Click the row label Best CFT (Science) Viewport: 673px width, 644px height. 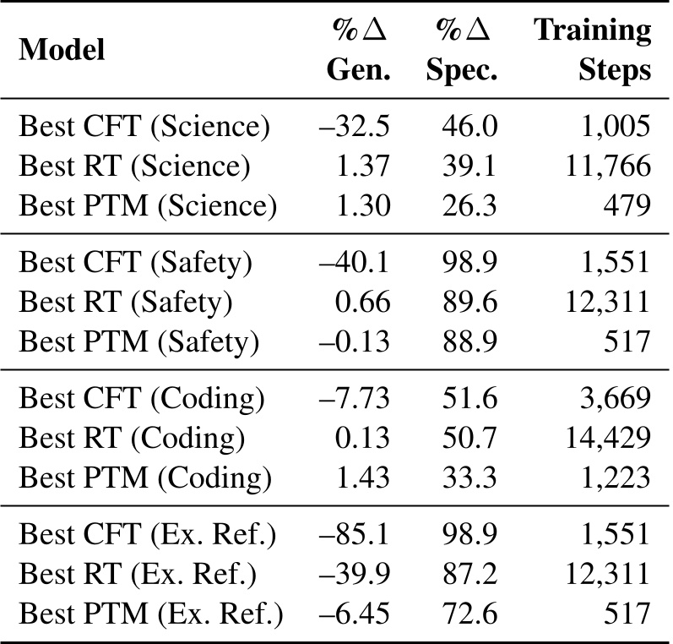[x=144, y=127]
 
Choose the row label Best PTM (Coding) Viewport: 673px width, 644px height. [x=145, y=476]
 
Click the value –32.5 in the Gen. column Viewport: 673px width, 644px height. [x=355, y=127]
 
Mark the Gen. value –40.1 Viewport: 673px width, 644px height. [x=355, y=263]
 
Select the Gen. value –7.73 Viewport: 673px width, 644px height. [x=355, y=399]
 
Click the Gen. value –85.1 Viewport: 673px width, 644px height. [x=355, y=535]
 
